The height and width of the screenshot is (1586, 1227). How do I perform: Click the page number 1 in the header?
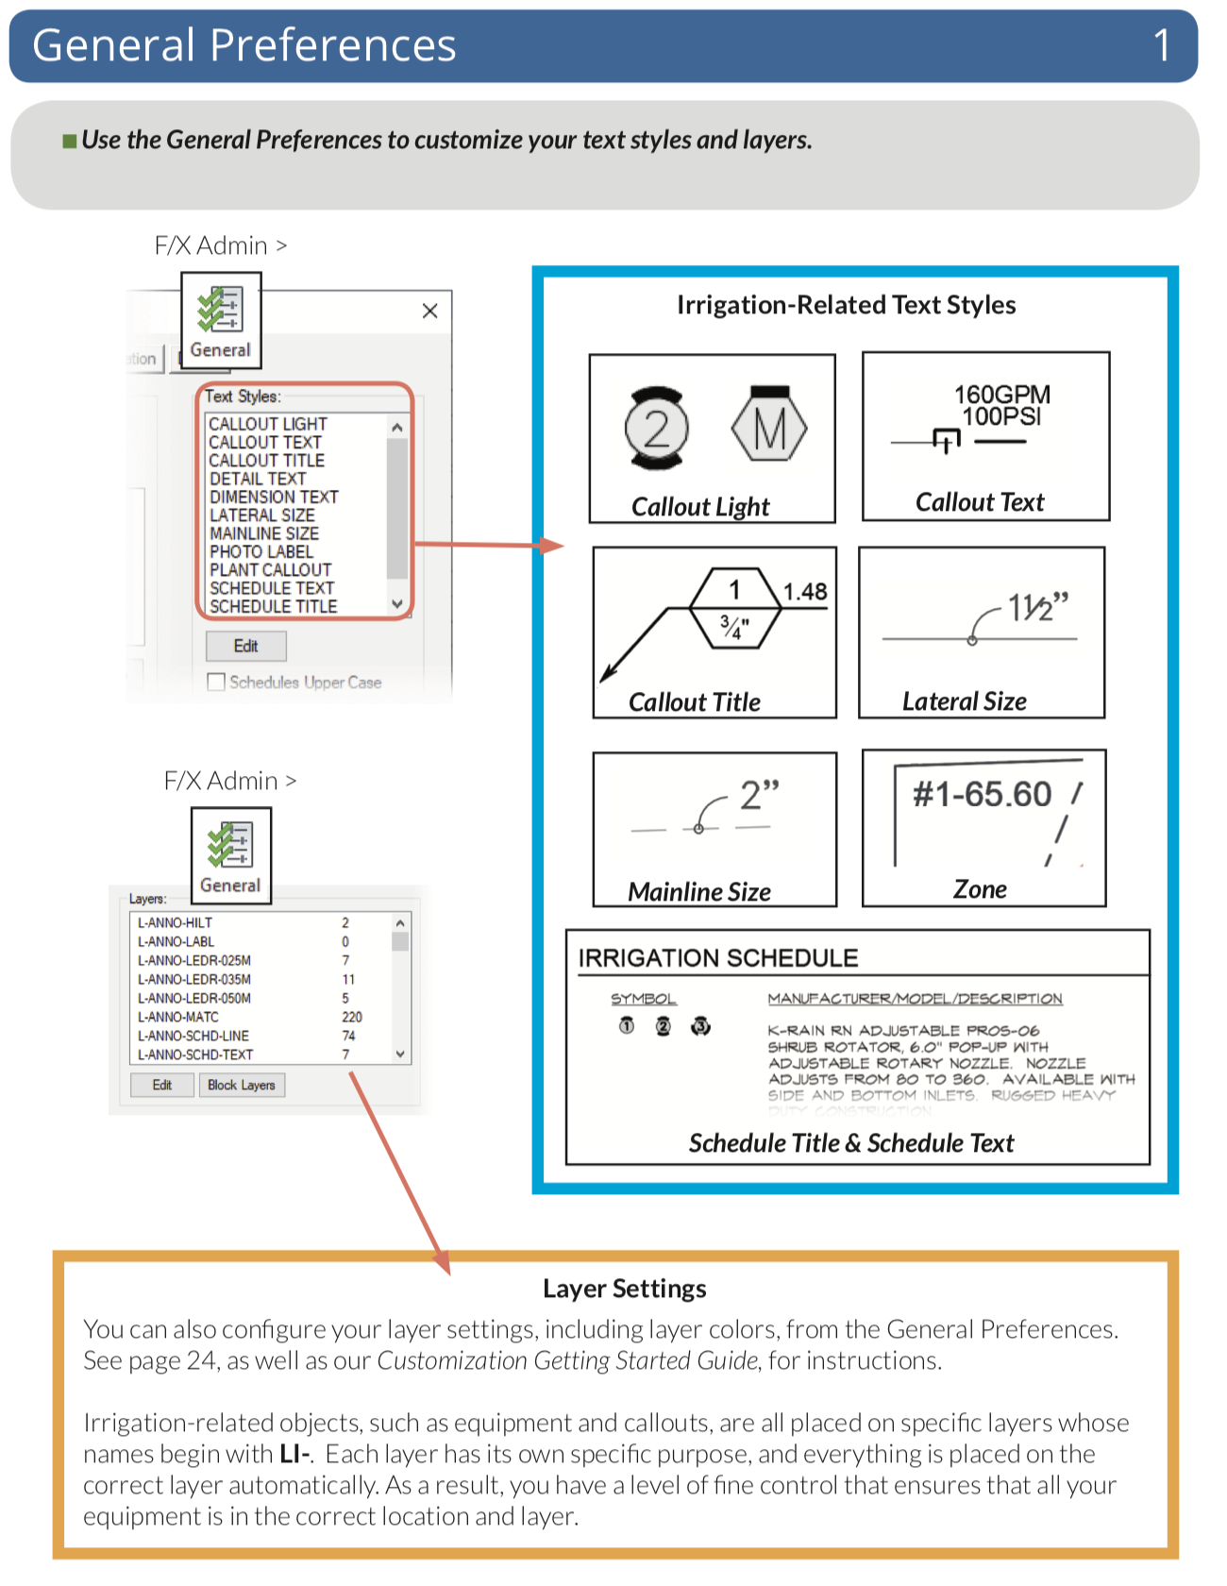coord(1162,45)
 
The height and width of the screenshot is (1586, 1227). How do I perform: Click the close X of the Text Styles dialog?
coord(429,311)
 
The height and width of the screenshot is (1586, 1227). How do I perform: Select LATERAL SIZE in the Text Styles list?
coord(262,515)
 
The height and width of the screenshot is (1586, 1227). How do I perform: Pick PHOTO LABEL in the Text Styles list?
coord(261,552)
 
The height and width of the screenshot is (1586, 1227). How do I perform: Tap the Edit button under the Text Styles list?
coord(245,646)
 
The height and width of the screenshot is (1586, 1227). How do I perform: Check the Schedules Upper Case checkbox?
coord(217,682)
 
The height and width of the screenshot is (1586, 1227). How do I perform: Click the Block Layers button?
coord(242,1085)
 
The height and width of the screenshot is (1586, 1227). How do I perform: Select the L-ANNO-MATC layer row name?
coord(178,1017)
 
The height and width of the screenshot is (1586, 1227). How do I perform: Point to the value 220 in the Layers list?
coord(352,1017)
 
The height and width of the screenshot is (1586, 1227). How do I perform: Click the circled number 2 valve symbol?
coord(656,429)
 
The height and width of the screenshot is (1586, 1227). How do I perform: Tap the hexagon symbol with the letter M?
coord(769,428)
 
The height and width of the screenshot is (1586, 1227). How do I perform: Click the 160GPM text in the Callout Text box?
coord(1001,395)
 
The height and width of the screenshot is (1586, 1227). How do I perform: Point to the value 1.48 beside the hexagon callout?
coord(805,592)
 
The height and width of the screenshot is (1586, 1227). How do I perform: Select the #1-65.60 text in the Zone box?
coord(982,795)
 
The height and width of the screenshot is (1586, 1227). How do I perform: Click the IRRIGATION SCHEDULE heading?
coord(718,958)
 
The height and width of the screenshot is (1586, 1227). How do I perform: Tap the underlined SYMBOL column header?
coord(643,999)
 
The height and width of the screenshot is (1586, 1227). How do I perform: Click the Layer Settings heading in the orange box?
coord(624,1289)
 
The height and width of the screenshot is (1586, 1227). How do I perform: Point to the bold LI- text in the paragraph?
coord(295,1454)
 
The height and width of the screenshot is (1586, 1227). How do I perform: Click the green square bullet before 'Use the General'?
coord(69,142)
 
